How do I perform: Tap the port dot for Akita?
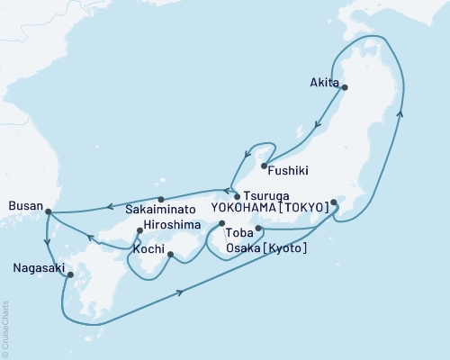click(344, 87)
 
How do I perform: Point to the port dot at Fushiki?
click(263, 166)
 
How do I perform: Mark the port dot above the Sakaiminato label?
click(160, 199)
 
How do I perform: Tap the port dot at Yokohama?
click(333, 202)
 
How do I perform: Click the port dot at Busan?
click(48, 212)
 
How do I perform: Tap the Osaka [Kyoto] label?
click(270, 247)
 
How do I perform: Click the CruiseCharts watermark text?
click(5, 328)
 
